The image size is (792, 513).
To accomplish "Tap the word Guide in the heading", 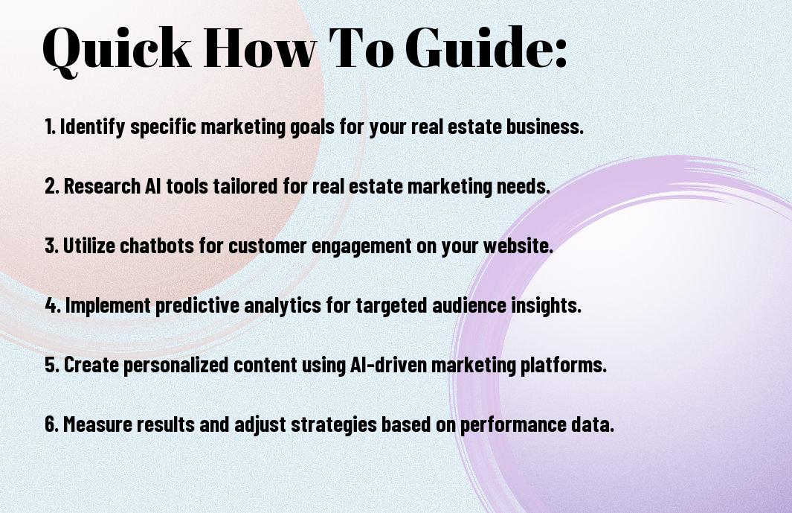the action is click(x=486, y=47).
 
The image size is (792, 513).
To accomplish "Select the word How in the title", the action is click(x=260, y=47).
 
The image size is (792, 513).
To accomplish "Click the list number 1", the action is click(x=50, y=127).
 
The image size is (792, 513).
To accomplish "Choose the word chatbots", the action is click(x=157, y=246).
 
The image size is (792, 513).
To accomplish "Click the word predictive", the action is click(x=198, y=306).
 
